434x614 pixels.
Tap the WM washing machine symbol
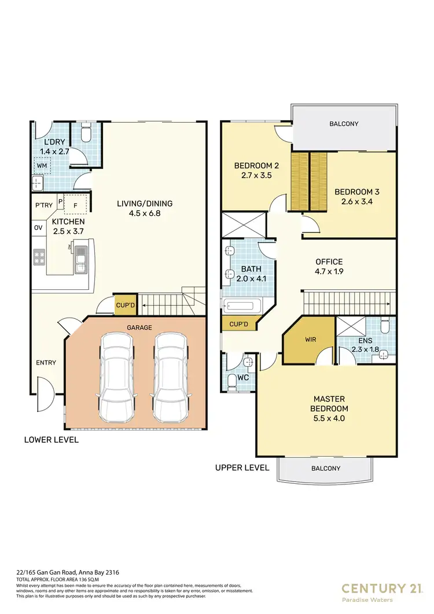[x=42, y=166]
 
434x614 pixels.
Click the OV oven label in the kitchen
[x=39, y=227]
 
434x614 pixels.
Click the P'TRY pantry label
[x=44, y=205]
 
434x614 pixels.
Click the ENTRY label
[x=46, y=363]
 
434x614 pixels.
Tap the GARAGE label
[x=140, y=328]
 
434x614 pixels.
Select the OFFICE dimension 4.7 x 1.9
[x=329, y=271]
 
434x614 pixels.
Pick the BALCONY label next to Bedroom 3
[x=344, y=124]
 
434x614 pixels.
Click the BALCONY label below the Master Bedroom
[x=326, y=469]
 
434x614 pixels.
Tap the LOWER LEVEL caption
[x=52, y=440]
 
